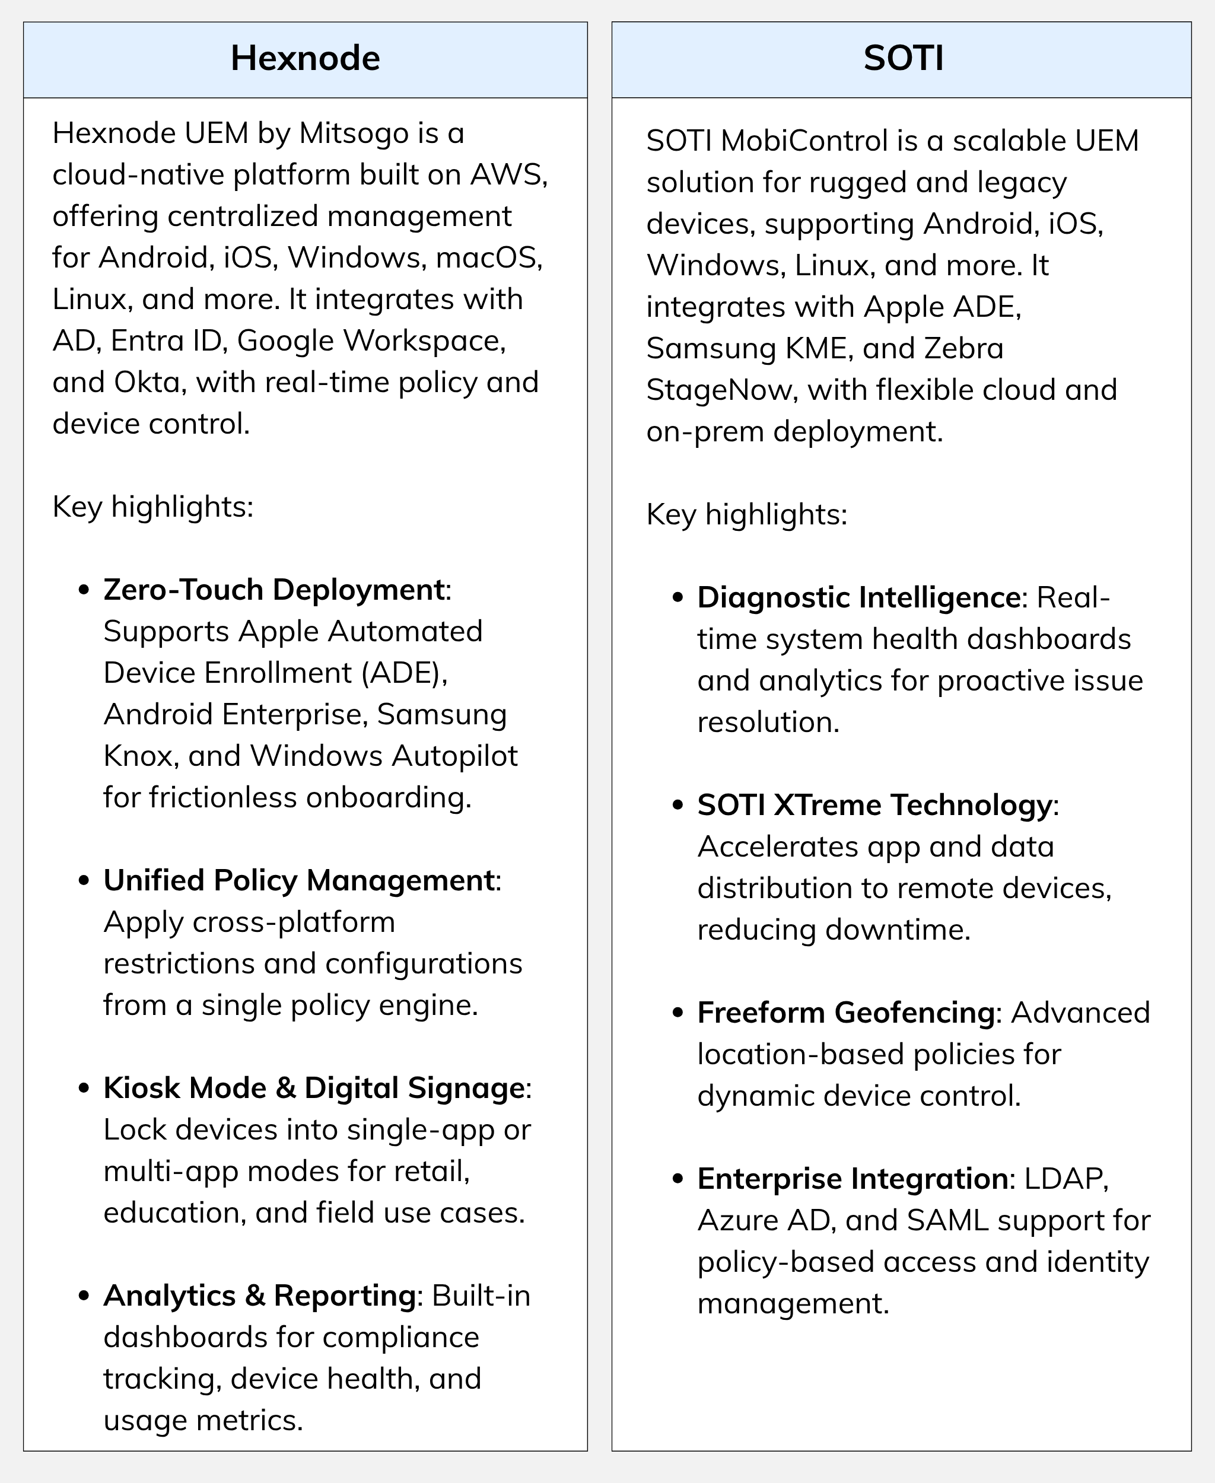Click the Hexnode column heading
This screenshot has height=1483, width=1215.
point(305,58)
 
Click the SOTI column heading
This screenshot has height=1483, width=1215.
point(903,58)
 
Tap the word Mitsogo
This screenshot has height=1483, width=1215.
point(354,133)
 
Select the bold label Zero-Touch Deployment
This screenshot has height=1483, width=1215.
point(273,590)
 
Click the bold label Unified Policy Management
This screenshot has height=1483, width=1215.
point(299,880)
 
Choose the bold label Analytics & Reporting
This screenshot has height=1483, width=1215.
point(260,1296)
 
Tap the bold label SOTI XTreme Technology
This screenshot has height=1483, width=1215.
point(874,805)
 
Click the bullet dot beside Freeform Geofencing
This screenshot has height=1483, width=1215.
point(677,1013)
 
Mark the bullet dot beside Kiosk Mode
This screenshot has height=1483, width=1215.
point(84,1089)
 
